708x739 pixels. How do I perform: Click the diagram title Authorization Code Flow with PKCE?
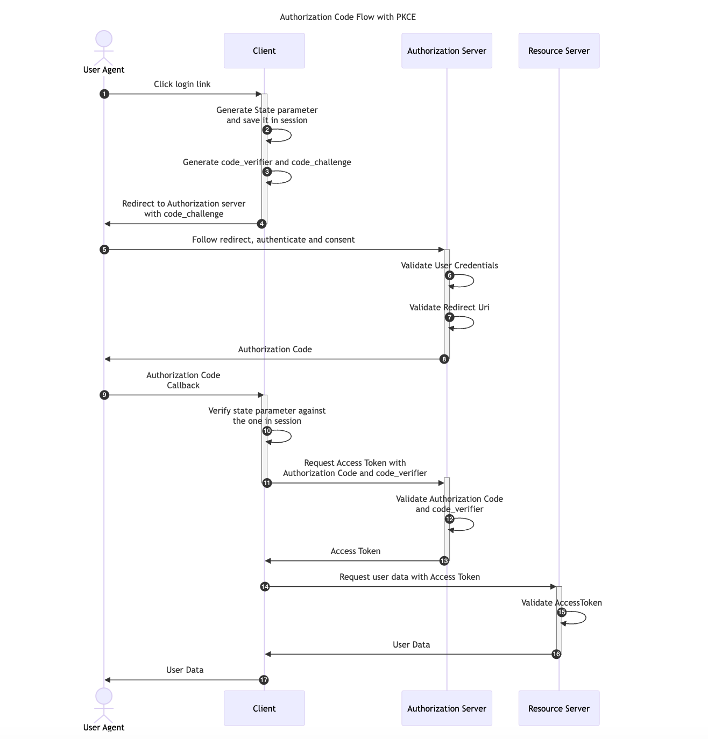(x=348, y=17)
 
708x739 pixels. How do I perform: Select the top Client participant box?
(x=264, y=51)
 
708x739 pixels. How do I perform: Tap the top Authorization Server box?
(x=447, y=51)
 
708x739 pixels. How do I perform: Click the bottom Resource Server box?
(x=558, y=708)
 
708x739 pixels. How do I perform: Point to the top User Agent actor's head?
(x=104, y=39)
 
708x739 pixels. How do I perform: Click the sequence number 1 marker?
(x=104, y=94)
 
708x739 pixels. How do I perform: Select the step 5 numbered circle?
(x=104, y=250)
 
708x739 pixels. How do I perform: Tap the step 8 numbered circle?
(x=444, y=359)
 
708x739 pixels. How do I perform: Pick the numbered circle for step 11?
(x=267, y=483)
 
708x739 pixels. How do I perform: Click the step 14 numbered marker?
(x=265, y=587)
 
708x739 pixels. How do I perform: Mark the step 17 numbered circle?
(x=264, y=680)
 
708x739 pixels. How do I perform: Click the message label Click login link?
(x=182, y=84)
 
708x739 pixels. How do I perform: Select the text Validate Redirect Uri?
(x=449, y=308)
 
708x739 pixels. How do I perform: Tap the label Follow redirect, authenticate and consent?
(x=273, y=240)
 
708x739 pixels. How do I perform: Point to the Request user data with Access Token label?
(x=409, y=577)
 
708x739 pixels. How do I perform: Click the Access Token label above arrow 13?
(x=355, y=551)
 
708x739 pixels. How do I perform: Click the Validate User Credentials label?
(x=449, y=266)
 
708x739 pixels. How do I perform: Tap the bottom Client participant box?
(x=264, y=708)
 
